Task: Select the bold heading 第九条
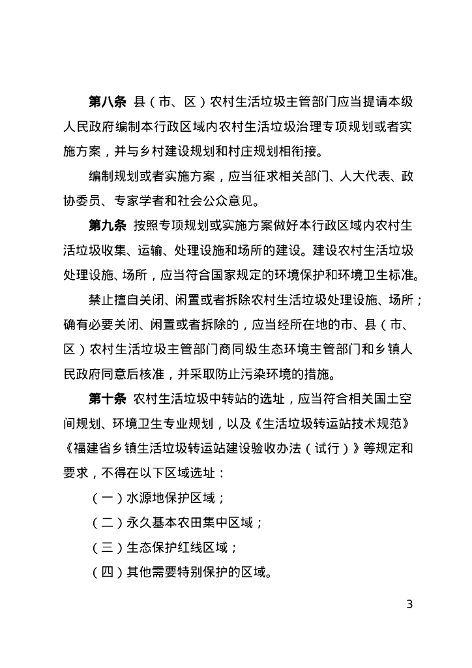pos(107,226)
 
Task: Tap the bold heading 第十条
pos(107,399)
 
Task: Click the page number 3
pos(409,603)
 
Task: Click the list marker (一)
pos(104,498)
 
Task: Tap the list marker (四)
pos(104,573)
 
